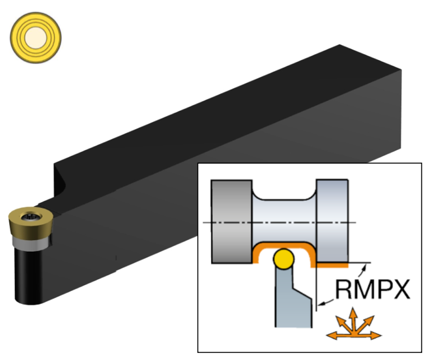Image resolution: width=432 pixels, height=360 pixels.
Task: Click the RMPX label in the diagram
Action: [373, 288]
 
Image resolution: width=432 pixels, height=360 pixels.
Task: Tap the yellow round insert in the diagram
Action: [284, 260]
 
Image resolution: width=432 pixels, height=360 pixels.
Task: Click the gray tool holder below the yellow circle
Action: [291, 300]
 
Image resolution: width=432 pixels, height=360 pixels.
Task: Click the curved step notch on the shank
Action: [63, 179]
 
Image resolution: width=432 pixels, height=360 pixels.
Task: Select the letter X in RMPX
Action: [399, 288]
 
